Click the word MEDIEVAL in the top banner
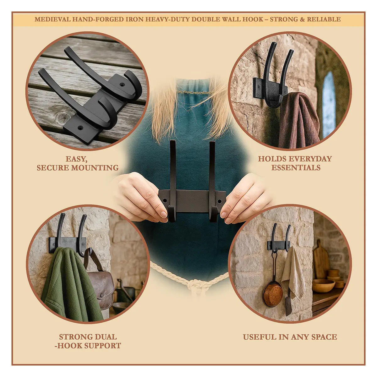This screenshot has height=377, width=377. pyautogui.click(x=52, y=19)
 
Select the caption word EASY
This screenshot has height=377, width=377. pyautogui.click(x=76, y=159)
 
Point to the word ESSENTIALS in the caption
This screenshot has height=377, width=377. pyautogui.click(x=296, y=168)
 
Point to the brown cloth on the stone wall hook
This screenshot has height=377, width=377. pyautogui.click(x=298, y=121)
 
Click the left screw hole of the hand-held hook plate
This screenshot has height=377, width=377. pyautogui.click(x=165, y=201)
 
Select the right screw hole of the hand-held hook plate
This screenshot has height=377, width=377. pyautogui.click(x=219, y=201)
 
